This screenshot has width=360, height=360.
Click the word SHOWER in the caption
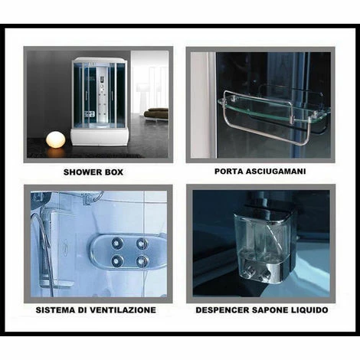pyautogui.click(x=81, y=172)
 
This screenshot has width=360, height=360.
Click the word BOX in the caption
pyautogui.click(x=113, y=172)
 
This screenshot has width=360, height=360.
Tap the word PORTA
pyautogui.click(x=228, y=171)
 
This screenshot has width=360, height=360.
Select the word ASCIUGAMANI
pyautogui.click(x=276, y=171)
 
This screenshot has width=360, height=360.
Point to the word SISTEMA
pyautogui.click(x=53, y=309)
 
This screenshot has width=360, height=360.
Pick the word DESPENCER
pyautogui.click(x=222, y=310)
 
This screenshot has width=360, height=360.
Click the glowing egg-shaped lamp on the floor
pyautogui.click(x=55, y=139)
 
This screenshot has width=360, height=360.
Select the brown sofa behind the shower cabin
pyautogui.click(x=156, y=113)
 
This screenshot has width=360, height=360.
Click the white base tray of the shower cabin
pyautogui.click(x=100, y=137)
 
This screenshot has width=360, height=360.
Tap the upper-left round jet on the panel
pyautogui.click(x=117, y=244)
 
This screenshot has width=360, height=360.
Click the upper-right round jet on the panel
pyautogui.click(x=142, y=244)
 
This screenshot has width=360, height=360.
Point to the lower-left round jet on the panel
pyautogui.click(x=117, y=260)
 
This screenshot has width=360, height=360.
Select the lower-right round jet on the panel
pyautogui.click(x=142, y=260)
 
